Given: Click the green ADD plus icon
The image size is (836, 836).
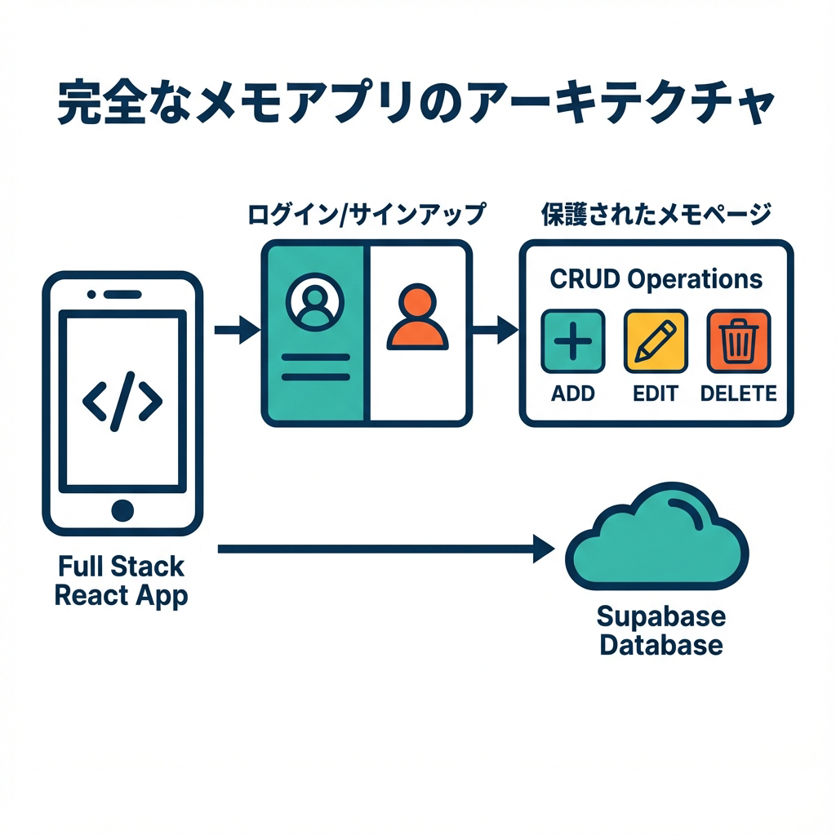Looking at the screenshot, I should click(573, 341).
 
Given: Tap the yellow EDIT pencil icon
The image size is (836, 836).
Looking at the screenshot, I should click(656, 341).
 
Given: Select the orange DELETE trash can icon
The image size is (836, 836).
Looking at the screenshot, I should click(738, 341).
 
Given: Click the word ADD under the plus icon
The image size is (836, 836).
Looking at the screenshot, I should click(573, 394).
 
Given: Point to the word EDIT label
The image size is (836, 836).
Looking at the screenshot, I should click(656, 394).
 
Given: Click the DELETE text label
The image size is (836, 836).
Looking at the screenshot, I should click(738, 394).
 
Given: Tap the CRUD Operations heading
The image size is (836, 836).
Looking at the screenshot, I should click(656, 279).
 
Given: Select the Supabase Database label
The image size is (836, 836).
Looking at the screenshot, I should click(660, 630).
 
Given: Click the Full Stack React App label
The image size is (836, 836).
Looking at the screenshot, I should click(121, 580).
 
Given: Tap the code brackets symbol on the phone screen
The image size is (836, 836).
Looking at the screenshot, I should click(122, 401).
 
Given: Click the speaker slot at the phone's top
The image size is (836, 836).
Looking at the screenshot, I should click(122, 292).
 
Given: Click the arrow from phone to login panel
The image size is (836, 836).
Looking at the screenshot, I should click(236, 331).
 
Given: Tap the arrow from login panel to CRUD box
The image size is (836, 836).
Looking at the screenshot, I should click(495, 331).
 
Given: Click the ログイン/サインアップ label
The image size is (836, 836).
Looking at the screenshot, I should click(365, 216).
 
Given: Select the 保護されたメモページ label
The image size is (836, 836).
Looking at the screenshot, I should click(656, 216).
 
